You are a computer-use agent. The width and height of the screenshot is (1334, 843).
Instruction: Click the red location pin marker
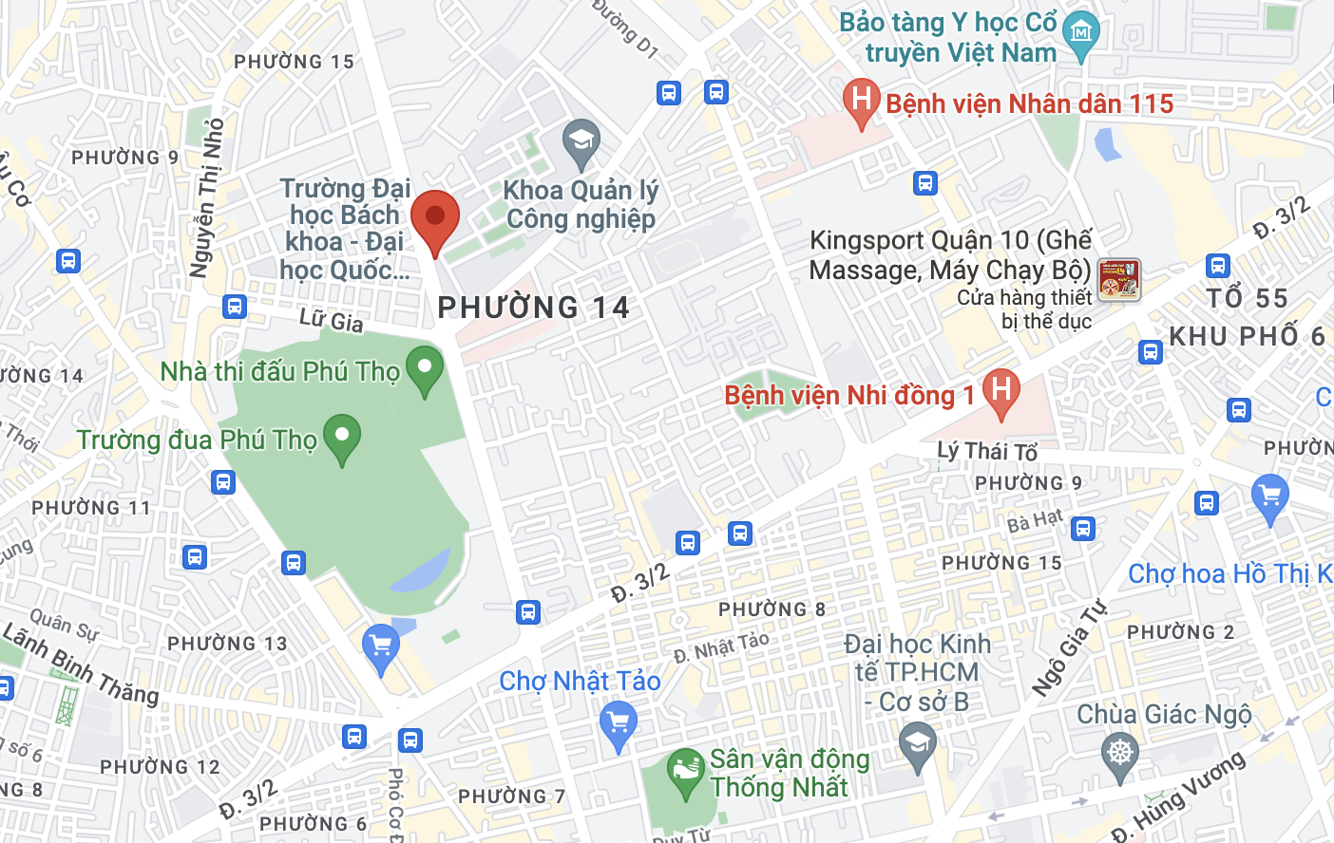435,218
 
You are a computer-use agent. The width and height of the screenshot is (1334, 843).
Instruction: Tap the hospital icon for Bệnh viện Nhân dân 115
861,101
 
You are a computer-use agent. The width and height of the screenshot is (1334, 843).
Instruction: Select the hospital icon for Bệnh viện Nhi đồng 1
1000,391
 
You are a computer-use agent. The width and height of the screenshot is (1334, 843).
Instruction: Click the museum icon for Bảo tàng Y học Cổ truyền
1080,34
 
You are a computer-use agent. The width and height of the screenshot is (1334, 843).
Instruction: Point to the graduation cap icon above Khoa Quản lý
581,142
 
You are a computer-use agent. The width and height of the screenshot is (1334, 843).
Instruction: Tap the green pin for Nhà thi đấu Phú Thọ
424,369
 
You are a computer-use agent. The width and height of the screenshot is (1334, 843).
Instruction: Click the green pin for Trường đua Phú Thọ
342,438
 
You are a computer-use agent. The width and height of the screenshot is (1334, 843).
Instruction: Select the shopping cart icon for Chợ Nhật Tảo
618,723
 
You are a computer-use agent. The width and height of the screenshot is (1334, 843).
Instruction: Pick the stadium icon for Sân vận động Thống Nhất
684,772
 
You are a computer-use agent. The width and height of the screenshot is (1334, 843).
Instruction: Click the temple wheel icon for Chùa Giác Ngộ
1120,756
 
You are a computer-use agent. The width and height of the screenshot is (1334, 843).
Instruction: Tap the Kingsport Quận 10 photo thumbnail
1118,280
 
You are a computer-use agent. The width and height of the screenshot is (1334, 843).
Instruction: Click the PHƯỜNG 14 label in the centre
533,308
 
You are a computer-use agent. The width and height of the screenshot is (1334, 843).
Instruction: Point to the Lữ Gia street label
331,321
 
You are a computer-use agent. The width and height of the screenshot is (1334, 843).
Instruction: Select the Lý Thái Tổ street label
987,451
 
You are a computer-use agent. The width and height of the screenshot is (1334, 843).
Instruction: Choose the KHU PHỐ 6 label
1247,336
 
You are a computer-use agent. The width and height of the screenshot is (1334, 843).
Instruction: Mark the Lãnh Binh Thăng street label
81,665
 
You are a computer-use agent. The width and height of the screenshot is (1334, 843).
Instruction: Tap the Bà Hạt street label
1035,520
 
